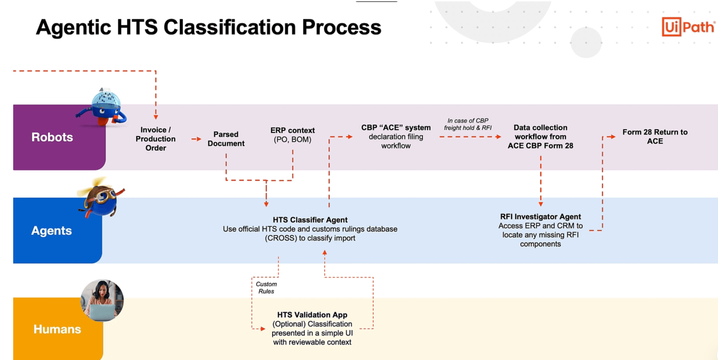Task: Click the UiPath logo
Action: [688, 26]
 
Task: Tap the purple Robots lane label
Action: [52, 137]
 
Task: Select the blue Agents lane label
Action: [51, 230]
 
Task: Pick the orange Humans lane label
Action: [57, 329]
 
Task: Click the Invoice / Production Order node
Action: [156, 139]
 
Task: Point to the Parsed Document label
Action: [226, 139]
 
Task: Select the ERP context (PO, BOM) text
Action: [292, 135]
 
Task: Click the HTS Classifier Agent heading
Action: [310, 220]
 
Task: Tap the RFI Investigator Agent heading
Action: [540, 217]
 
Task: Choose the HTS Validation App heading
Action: [312, 315]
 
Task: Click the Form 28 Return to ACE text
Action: [655, 136]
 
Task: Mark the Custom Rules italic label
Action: [266, 287]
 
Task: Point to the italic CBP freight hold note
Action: [468, 124]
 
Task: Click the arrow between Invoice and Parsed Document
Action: [196, 139]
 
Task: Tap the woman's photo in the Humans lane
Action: [102, 301]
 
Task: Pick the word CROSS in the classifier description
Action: [284, 238]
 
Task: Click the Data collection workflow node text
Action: [540, 137]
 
